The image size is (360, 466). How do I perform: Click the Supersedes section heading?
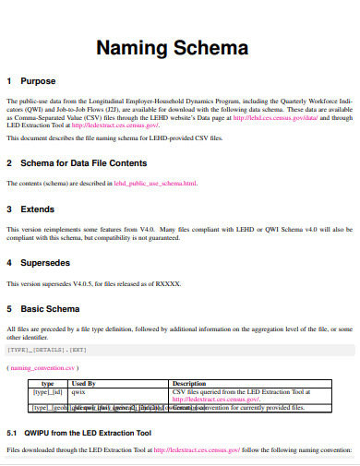click(51, 262)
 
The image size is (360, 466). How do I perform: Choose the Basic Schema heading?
click(56, 308)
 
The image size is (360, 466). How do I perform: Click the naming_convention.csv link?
click(47, 367)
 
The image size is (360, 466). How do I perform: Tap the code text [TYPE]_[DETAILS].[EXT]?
click(48, 350)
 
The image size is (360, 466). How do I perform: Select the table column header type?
click(48, 382)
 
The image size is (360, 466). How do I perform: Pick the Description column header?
click(189, 382)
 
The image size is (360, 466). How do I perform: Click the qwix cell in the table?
click(78, 390)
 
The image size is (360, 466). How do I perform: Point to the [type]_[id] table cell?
click(48, 390)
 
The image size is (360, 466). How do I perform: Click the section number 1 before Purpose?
click(9, 80)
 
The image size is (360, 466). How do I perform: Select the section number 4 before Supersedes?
click(9, 262)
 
